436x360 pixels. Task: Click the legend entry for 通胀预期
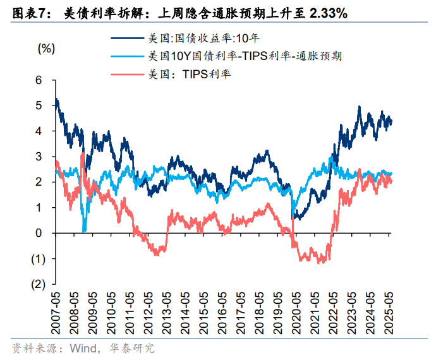243,56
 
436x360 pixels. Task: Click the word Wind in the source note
83,348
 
